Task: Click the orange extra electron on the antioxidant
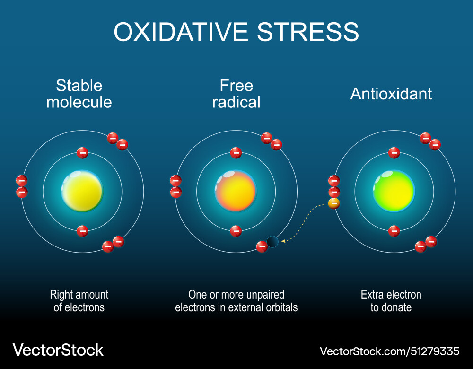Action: tap(334, 204)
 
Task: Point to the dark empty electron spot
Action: tap(272, 242)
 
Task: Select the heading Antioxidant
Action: tap(391, 94)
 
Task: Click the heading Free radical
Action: tap(236, 94)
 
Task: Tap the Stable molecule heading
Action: tap(79, 94)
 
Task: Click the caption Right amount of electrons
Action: tap(79, 301)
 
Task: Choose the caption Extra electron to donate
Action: tap(391, 301)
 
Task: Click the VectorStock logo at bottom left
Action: tap(58, 350)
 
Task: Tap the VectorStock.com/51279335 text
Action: tap(389, 351)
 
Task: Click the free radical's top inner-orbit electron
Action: tap(236, 153)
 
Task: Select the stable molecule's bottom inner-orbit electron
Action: tap(82, 231)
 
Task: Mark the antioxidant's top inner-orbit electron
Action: tap(394, 153)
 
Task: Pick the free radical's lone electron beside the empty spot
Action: tap(262, 246)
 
